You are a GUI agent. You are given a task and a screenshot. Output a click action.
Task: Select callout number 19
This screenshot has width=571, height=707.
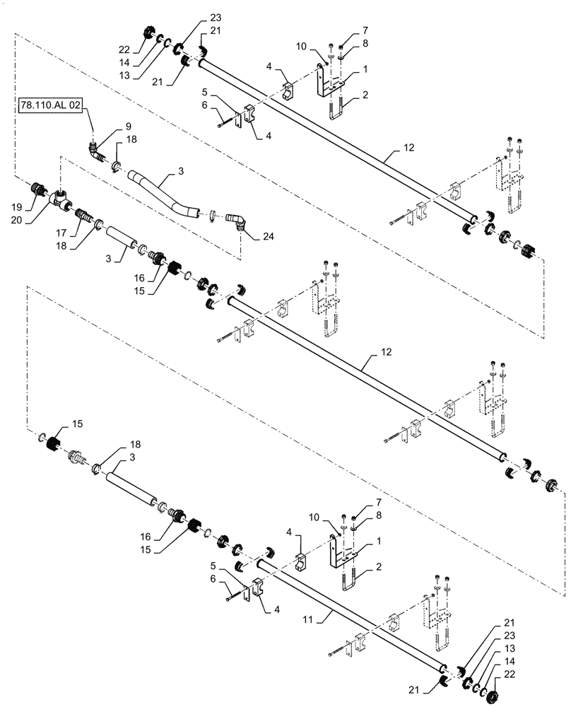point(18,207)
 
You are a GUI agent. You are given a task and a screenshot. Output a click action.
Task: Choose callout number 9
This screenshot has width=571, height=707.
point(128,126)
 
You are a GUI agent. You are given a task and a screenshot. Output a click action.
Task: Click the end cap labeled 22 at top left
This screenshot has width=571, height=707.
point(149,33)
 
